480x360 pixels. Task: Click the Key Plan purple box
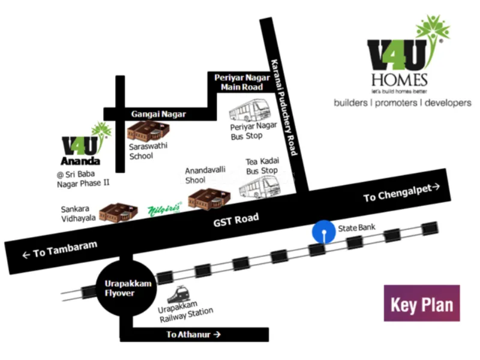coord(422,303)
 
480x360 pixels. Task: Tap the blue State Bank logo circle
coord(323,232)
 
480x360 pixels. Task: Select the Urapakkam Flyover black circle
coord(127,289)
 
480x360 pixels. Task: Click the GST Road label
coord(236,220)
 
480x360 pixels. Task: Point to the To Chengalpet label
coord(401,192)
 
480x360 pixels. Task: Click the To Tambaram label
coord(60,250)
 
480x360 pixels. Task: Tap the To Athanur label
coord(193,334)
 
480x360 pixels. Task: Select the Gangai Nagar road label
coord(158,114)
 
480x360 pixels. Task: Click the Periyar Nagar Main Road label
coord(242,82)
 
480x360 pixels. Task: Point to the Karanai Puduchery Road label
coord(284,107)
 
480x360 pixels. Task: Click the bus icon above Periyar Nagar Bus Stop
coord(250,110)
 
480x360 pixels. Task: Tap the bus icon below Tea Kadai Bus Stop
coord(260,188)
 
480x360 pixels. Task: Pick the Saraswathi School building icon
coord(148,131)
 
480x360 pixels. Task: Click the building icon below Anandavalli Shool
coord(209,199)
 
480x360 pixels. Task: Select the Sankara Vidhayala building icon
coord(118,212)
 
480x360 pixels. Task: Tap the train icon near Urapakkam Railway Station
coord(178,295)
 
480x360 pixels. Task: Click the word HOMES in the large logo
coord(399,80)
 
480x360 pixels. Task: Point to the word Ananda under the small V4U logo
coord(80,161)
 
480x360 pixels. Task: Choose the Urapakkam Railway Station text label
coord(185,311)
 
